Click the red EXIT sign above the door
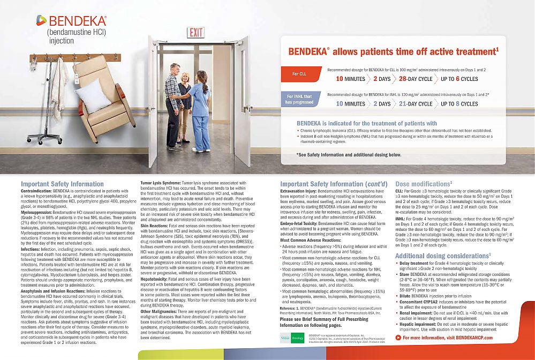(195, 33)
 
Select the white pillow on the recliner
(93, 95)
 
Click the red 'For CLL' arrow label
(299, 73)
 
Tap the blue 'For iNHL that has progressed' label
(299, 99)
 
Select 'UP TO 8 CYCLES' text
(459, 104)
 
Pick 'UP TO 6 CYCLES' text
(459, 79)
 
